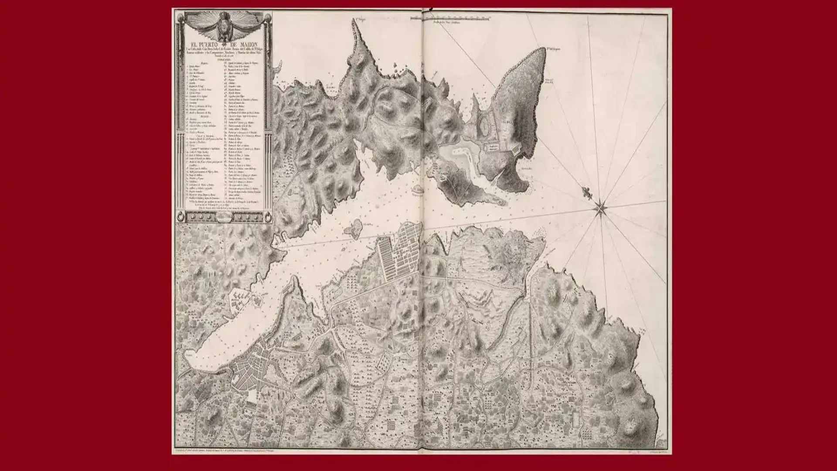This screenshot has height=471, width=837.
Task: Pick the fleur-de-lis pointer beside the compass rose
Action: click(x=587, y=191)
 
